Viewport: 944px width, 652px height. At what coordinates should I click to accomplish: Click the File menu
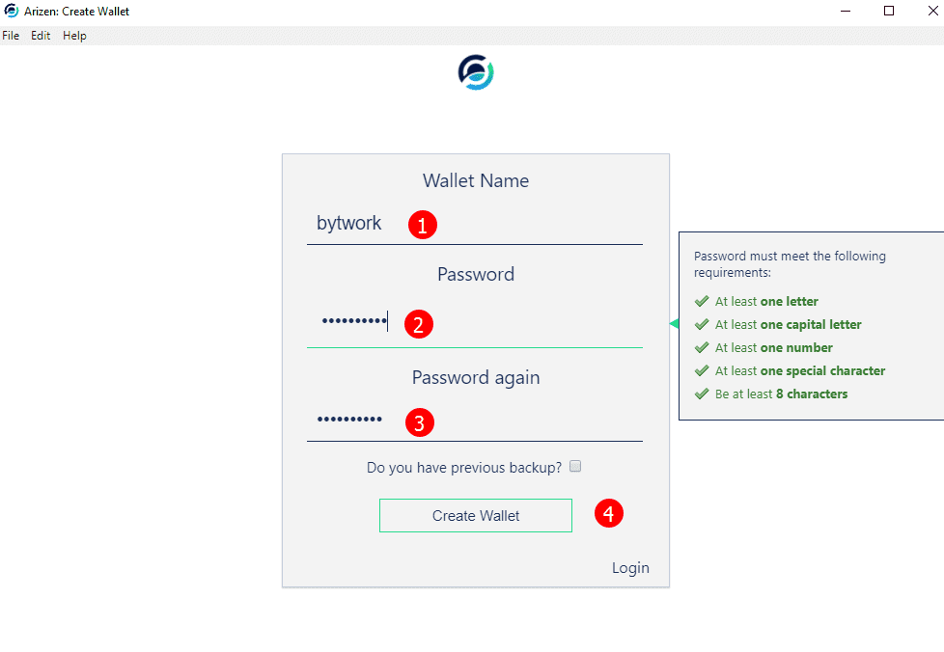click(11, 36)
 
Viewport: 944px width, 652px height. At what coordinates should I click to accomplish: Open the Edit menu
click(41, 36)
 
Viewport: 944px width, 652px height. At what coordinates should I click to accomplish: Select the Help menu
click(74, 36)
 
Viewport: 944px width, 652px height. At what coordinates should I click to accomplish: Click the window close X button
click(932, 11)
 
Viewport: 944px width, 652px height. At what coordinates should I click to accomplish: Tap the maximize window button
click(889, 11)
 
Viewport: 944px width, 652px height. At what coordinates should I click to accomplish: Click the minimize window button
click(846, 11)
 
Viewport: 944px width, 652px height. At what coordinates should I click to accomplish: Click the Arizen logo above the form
click(476, 72)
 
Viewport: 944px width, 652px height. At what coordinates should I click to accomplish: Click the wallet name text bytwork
click(348, 223)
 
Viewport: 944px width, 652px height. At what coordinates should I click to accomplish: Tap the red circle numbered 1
click(422, 225)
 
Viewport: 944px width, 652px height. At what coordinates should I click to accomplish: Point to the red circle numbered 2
click(418, 324)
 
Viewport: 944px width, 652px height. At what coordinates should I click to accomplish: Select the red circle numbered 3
click(420, 422)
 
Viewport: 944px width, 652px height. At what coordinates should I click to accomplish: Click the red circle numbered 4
click(609, 513)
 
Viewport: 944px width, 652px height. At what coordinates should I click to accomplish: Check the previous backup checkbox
click(575, 466)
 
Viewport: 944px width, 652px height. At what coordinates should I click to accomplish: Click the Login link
click(630, 568)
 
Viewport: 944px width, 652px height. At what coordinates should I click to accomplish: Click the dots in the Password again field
click(349, 420)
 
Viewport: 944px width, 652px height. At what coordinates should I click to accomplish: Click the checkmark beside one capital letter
click(702, 324)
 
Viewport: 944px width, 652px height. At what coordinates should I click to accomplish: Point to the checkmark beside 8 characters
click(702, 394)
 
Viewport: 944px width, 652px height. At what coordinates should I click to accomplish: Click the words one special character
click(822, 371)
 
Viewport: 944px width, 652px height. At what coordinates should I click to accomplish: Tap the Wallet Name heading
click(476, 180)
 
